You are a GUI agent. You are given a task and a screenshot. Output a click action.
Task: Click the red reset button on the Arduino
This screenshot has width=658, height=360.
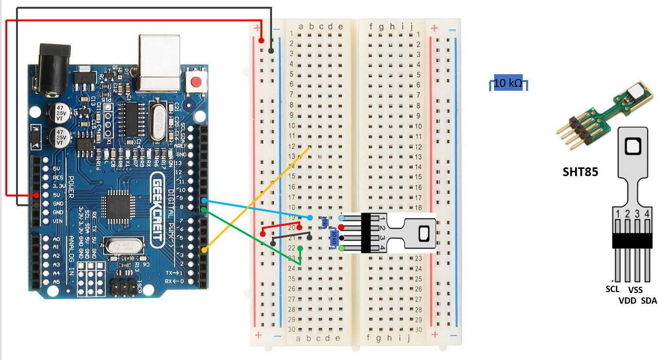point(196,82)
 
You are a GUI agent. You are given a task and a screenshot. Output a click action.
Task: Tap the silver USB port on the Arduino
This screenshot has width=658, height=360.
point(159,62)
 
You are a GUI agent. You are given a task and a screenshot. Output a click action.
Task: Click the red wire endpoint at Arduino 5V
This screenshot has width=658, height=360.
point(37,196)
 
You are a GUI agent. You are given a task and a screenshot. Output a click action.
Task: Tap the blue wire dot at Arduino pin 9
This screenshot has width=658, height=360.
point(204,200)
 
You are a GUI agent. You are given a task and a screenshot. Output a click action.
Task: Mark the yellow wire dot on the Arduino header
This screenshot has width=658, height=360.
point(204,250)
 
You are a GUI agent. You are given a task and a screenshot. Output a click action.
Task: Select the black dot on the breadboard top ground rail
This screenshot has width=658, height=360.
point(271,50)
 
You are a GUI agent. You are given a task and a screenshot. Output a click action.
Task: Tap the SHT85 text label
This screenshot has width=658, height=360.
point(580,172)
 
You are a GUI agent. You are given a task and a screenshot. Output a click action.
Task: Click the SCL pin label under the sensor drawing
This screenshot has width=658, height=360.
point(613,289)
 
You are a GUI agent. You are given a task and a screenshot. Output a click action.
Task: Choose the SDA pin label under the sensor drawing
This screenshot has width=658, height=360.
point(649,301)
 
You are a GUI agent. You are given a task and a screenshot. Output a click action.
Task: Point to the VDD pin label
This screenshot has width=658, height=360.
point(627,301)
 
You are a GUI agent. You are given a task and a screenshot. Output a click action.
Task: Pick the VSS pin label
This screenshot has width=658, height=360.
point(636,290)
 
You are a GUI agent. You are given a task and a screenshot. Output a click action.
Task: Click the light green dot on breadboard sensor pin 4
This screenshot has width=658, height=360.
point(341,248)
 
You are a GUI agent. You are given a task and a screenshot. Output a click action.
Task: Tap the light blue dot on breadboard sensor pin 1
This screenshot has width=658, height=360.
point(341,218)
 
